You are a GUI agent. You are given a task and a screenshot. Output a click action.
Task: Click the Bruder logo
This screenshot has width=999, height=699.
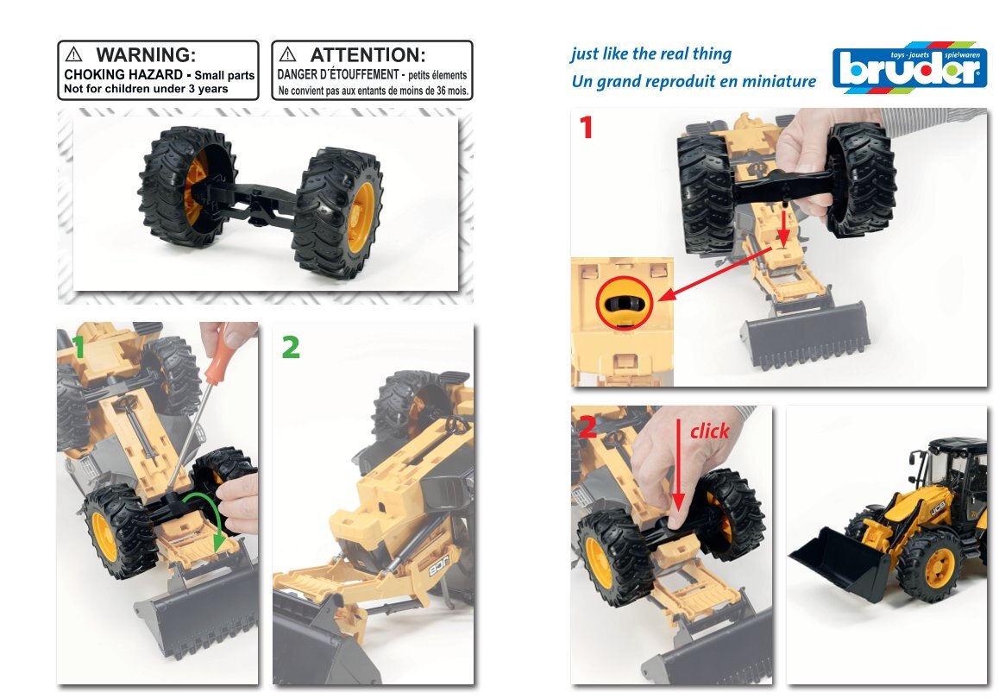910,67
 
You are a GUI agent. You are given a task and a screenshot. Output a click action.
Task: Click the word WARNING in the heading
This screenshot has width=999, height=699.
146,55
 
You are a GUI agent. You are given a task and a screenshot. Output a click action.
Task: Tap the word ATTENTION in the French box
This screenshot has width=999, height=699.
368,55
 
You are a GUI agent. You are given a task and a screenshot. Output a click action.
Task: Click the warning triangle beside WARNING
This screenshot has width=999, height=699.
74,54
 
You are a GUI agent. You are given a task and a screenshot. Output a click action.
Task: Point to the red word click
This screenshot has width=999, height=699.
709,431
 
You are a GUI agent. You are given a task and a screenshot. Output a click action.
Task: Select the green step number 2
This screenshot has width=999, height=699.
291,347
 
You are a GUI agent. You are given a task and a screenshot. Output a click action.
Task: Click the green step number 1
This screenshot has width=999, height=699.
79,348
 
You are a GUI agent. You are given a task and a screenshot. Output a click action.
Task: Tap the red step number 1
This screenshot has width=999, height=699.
587,127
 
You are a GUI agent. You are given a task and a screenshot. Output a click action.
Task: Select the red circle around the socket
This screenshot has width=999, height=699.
625,303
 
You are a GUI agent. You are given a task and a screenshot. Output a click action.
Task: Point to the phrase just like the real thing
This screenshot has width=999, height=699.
651,54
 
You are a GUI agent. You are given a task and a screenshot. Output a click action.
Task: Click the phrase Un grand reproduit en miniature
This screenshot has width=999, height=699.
694,82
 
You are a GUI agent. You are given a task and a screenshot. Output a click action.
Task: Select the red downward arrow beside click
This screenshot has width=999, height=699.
679,464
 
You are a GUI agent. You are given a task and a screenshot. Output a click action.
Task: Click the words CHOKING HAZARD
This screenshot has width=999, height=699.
123,74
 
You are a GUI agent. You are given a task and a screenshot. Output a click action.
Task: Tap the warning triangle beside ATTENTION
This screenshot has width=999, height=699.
288,54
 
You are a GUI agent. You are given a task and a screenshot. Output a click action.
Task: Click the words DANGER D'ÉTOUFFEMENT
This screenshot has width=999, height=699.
338,74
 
